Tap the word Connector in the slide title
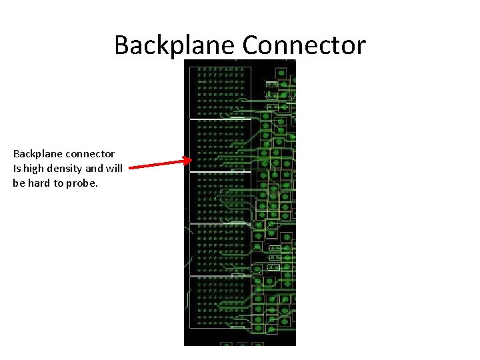click(x=304, y=45)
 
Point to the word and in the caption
click(x=97, y=169)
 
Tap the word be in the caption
click(x=18, y=183)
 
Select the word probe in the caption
click(x=81, y=183)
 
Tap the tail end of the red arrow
click(x=130, y=168)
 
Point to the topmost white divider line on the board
click(x=220, y=119)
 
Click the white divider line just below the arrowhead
click(x=220, y=172)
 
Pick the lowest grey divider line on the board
click(x=220, y=276)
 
